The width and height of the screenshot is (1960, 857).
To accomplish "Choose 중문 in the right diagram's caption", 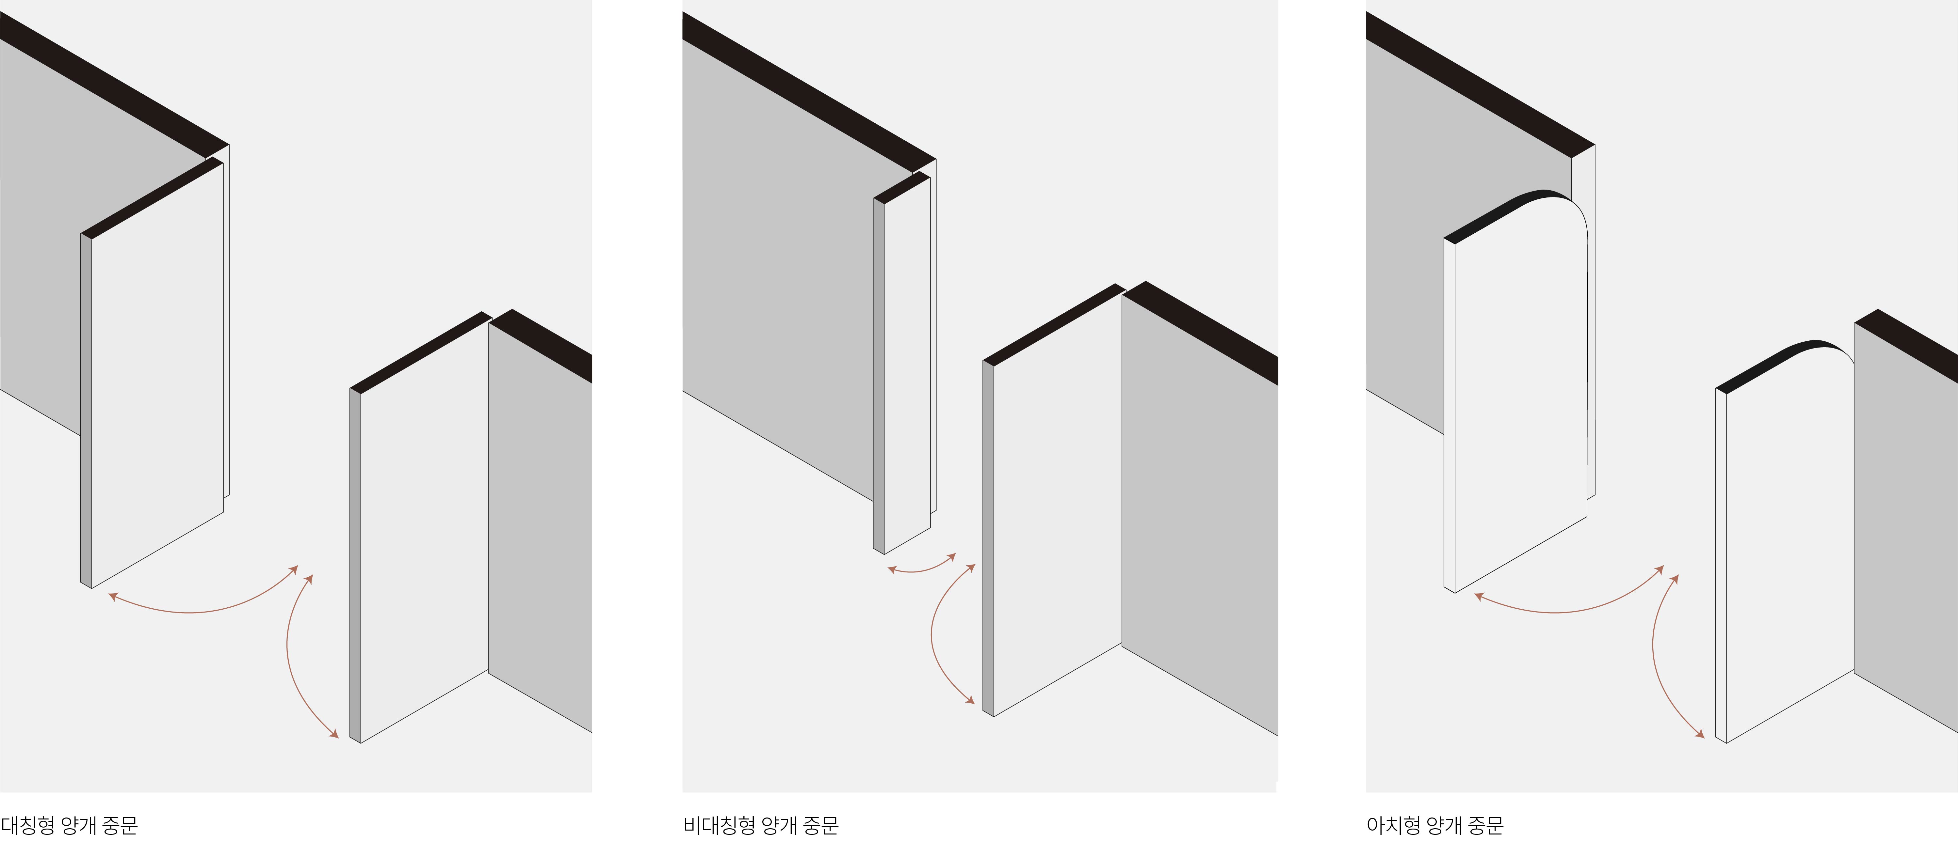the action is [x=1485, y=825].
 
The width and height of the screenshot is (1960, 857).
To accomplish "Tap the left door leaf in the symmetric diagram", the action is [x=152, y=373].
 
